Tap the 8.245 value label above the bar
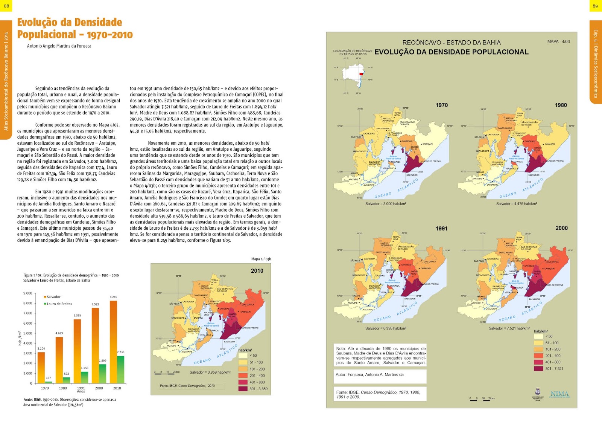[113, 297]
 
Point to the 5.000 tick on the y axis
[28, 333]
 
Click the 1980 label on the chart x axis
[63, 388]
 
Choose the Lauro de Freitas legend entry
[59, 304]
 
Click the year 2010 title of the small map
[257, 271]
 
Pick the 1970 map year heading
[441, 105]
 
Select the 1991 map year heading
[441, 228]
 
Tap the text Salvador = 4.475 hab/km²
[516, 204]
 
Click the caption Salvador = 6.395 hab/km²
[385, 328]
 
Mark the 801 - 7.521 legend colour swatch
[538, 369]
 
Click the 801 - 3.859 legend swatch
[243, 389]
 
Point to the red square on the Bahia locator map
[361, 74]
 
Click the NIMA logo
[559, 394]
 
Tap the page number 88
[6, 6]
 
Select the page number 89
[595, 6]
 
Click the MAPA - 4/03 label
[558, 41]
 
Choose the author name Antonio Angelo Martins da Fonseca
[59, 46]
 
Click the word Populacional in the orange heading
[47, 35]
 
